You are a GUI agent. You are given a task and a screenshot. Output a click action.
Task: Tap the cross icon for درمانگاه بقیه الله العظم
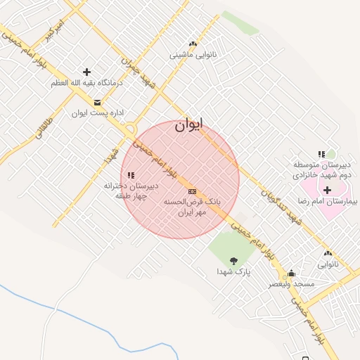pos(87,72)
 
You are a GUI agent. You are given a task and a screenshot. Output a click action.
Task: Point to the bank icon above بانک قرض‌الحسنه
pos(192,191)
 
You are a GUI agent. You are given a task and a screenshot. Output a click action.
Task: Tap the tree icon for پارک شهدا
pos(233,261)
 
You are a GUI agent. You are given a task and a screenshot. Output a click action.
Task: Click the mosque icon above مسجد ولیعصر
pos(291,274)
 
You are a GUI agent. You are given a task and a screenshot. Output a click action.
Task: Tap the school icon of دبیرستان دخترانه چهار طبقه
pos(131,176)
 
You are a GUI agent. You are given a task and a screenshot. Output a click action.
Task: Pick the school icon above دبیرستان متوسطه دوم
pos(321,154)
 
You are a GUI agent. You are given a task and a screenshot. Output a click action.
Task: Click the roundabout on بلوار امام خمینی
pos(129,130)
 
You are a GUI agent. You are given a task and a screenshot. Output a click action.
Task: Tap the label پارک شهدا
pos(233,271)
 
